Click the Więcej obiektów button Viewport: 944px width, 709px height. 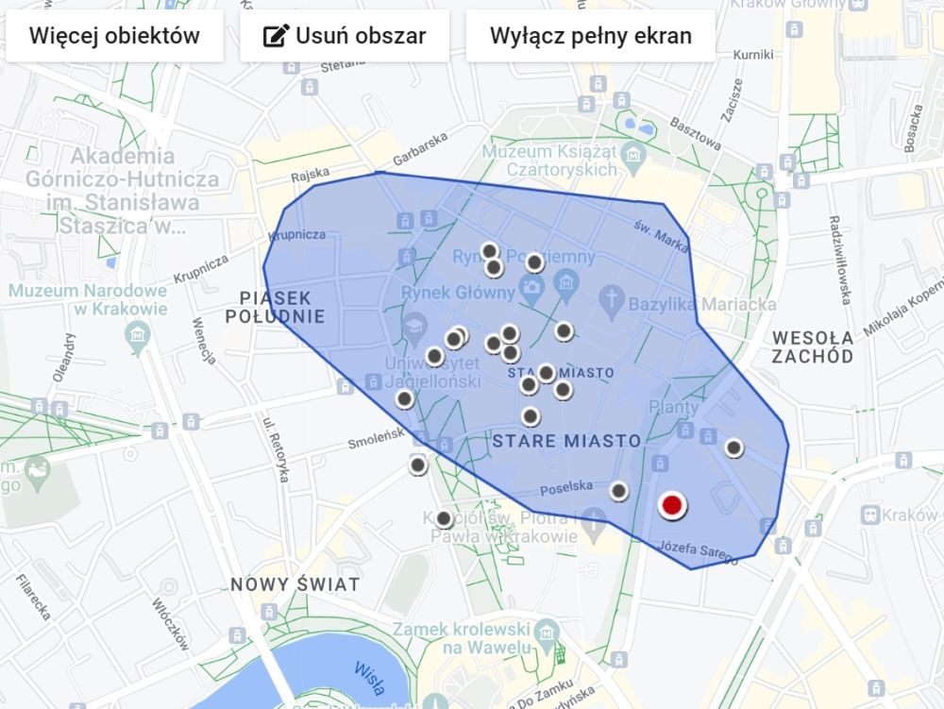coord(114,37)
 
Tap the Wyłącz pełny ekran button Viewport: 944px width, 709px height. coord(590,37)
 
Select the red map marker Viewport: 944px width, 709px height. coord(671,506)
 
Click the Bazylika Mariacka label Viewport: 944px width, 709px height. coord(700,305)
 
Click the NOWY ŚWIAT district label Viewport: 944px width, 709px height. coord(295,584)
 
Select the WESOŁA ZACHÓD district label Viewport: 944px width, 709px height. coord(812,346)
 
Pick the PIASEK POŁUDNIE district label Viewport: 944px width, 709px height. coord(275,307)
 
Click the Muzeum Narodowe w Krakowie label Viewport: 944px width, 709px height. coord(89,299)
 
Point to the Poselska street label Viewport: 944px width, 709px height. coord(567,486)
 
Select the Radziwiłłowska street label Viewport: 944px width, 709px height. coord(839,259)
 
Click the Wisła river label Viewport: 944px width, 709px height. coord(369,676)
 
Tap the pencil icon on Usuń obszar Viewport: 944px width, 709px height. coord(275,37)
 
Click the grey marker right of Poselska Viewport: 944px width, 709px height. coord(618,491)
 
